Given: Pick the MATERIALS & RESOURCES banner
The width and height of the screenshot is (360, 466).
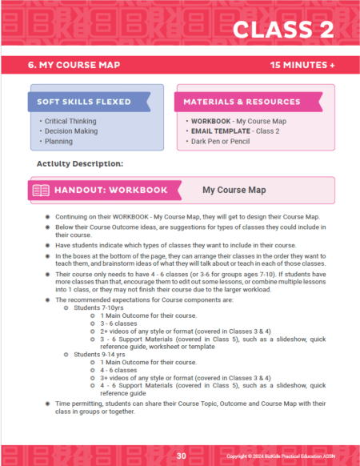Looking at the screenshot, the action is [x=231, y=102].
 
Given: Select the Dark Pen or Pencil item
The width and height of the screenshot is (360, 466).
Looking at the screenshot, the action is [x=222, y=142].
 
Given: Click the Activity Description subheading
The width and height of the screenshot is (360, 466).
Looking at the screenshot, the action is [x=79, y=163].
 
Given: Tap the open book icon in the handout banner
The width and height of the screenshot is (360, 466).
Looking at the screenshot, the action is [x=40, y=191].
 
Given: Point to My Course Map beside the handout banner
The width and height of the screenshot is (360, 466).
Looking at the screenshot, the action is [x=233, y=191].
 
